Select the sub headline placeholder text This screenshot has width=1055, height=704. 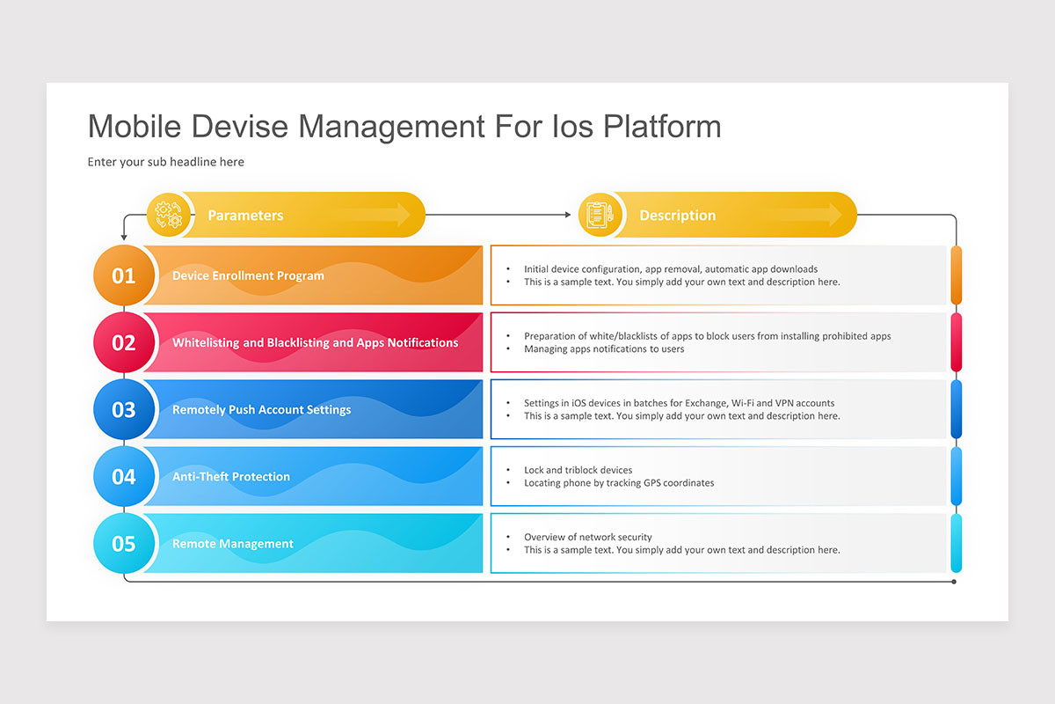pos(165,162)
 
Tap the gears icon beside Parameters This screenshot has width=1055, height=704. pos(167,215)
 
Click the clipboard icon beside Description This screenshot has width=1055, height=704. pos(599,215)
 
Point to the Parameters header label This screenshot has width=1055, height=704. pos(245,216)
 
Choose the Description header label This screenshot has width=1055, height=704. pos(677,216)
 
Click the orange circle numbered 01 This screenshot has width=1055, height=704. pos(124,275)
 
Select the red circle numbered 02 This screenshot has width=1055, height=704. pos(124,342)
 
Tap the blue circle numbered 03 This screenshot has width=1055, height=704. pos(124,409)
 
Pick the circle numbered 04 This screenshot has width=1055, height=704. pos(124,476)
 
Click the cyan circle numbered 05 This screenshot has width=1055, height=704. pos(124,543)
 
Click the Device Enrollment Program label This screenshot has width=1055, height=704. pos(248,275)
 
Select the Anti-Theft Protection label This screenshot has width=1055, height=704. pos(231,476)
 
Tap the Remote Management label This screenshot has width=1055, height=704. pos(233,544)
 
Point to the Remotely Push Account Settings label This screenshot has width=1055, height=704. pos(261,409)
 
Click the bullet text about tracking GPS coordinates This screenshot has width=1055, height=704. pos(619,483)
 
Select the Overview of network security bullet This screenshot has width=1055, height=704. pos(587,537)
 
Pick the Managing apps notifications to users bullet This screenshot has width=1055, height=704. pos(604,349)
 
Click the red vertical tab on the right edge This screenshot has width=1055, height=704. pos(957,342)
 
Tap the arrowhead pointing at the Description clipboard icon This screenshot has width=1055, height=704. pos(567,215)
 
